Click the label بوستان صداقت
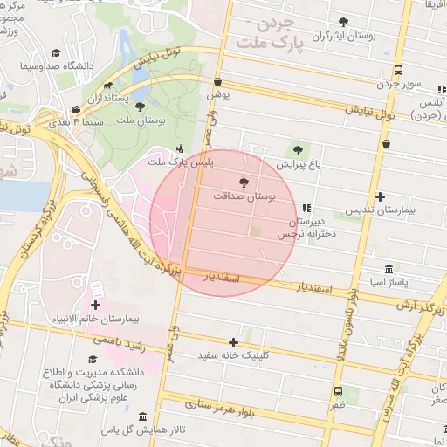pos(244,198)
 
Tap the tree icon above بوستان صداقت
pos(244,183)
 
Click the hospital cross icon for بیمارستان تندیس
pos(380,196)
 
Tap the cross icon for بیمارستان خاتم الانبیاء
pos(95,305)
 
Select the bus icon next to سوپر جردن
pos(398,71)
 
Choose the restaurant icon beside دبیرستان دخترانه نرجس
pos(306,208)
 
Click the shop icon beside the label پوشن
pos(217,81)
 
